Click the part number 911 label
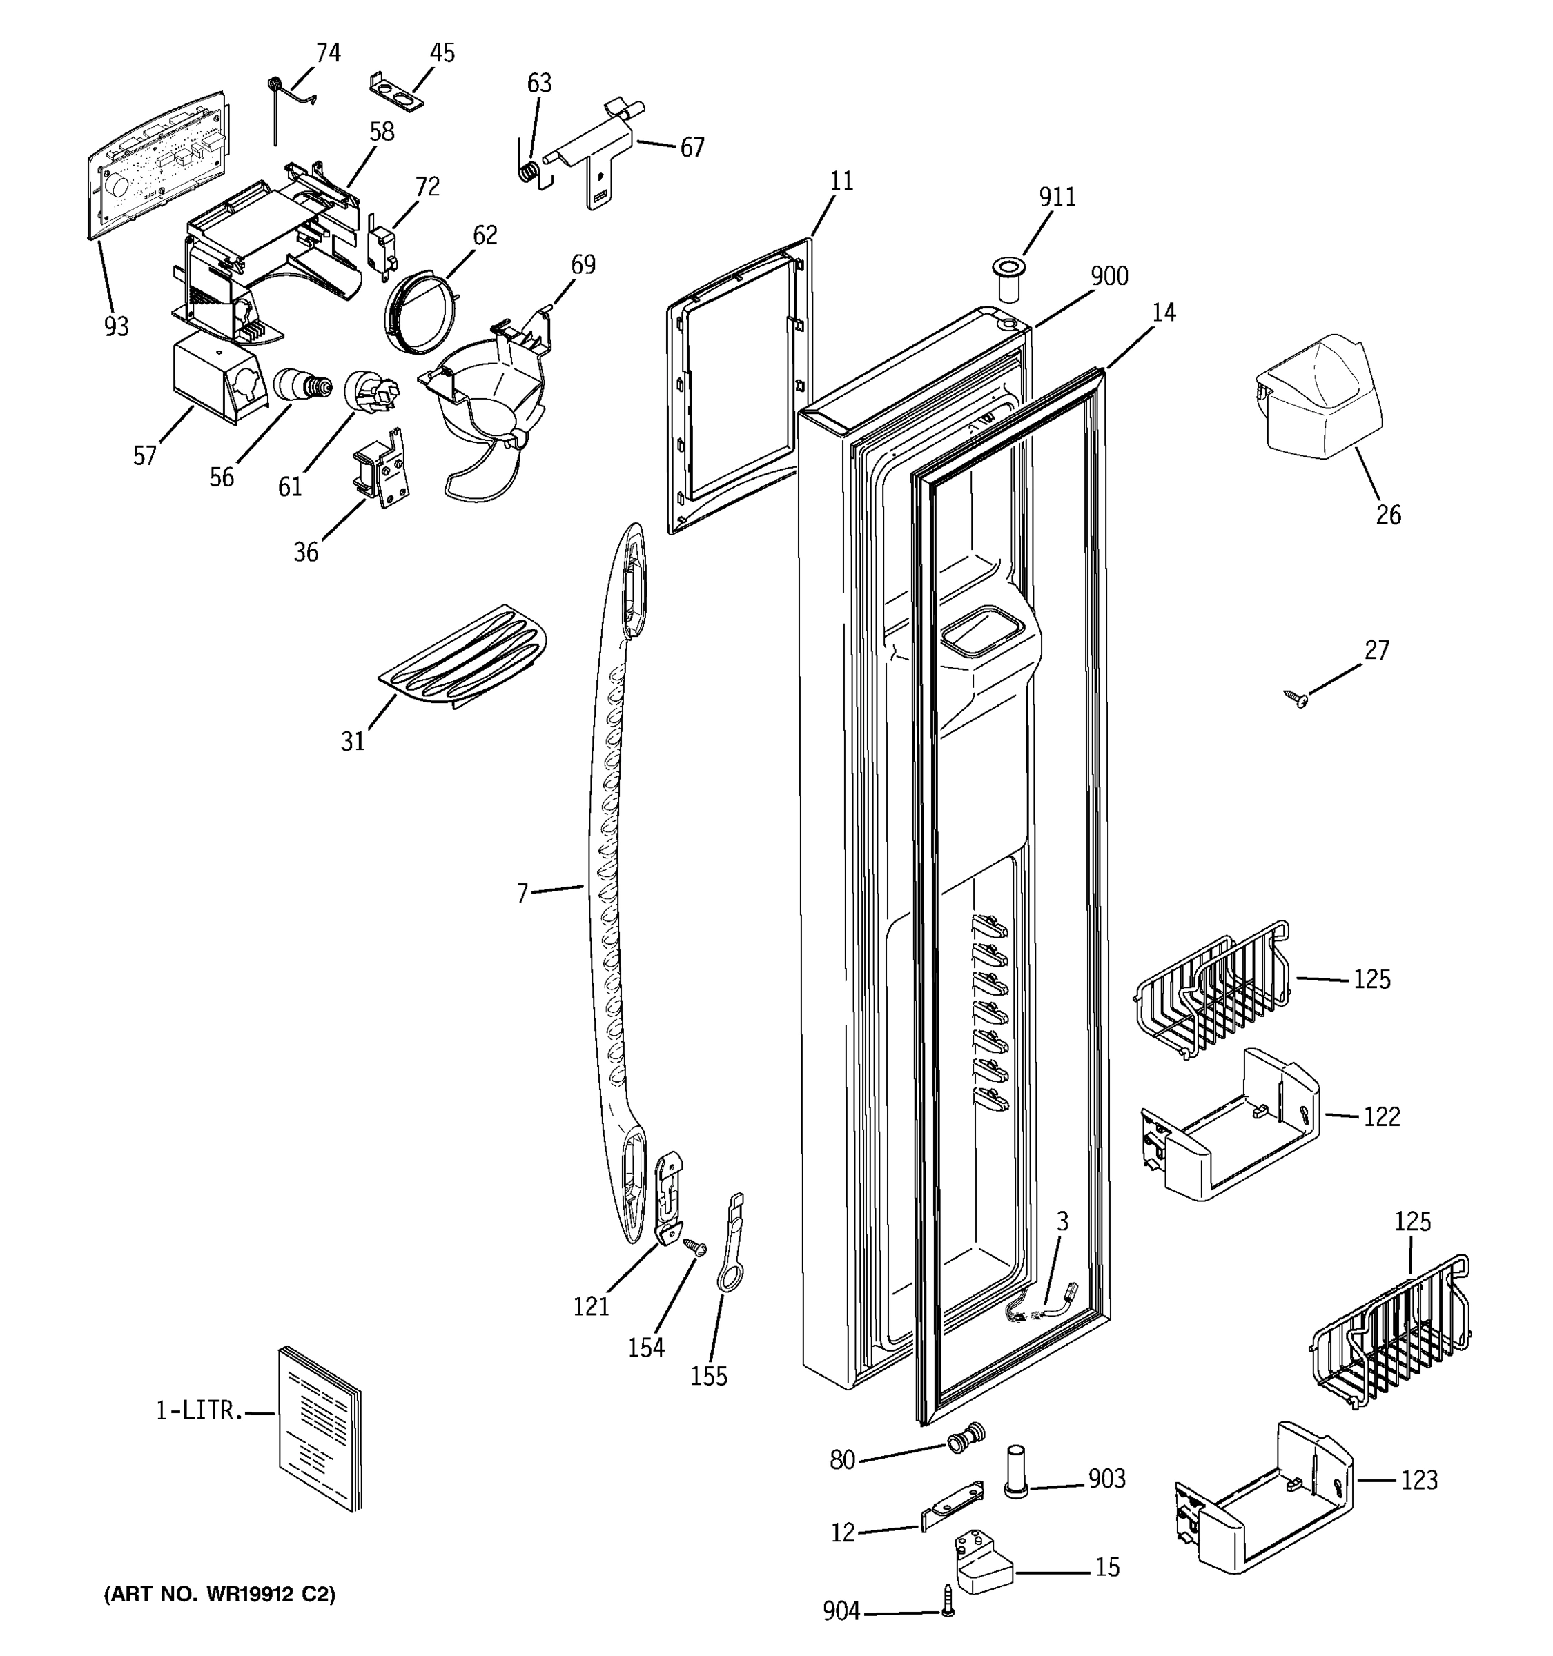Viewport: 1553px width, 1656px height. (x=1057, y=197)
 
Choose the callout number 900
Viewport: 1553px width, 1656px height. (x=1109, y=276)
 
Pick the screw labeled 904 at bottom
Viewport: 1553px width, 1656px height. (x=947, y=1607)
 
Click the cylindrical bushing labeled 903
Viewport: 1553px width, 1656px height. (x=1015, y=1475)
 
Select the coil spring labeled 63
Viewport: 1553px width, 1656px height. (x=527, y=172)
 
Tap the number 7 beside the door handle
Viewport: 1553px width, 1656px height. (x=522, y=894)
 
